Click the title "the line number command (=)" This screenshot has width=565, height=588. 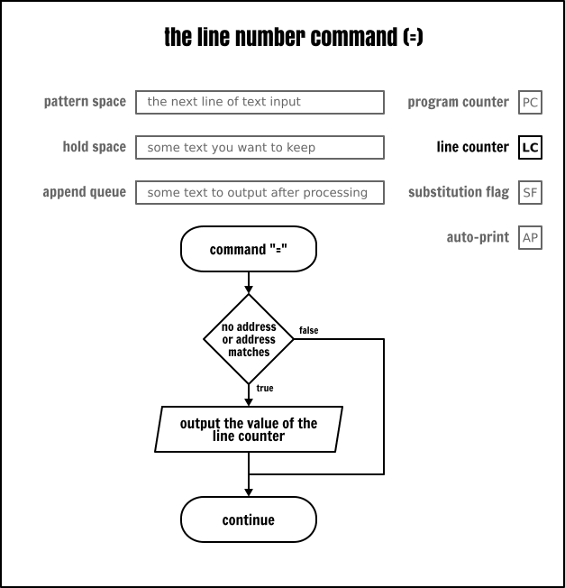[x=294, y=38]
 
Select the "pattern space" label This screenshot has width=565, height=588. [x=85, y=102]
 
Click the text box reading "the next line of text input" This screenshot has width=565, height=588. [x=260, y=102]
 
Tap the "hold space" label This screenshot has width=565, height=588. [x=95, y=147]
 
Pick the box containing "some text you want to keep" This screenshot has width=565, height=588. [x=260, y=147]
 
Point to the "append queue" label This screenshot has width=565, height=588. [x=84, y=192]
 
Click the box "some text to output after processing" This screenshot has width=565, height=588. [x=260, y=192]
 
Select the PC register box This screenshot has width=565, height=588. [x=531, y=102]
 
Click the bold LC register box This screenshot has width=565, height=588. [x=531, y=147]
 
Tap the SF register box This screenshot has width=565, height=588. [x=531, y=192]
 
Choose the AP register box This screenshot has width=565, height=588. [x=531, y=237]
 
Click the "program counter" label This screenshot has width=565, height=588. [x=458, y=102]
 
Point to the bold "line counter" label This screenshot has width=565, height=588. [x=472, y=147]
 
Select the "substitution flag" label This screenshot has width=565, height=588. [x=458, y=192]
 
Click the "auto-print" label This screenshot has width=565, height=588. [x=478, y=237]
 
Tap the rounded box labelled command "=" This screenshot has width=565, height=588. [x=249, y=250]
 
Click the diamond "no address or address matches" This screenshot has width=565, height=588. [x=249, y=339]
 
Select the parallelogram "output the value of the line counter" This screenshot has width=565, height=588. [x=249, y=429]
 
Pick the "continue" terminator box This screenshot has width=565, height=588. [x=249, y=519]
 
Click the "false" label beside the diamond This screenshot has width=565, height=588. [x=308, y=330]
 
